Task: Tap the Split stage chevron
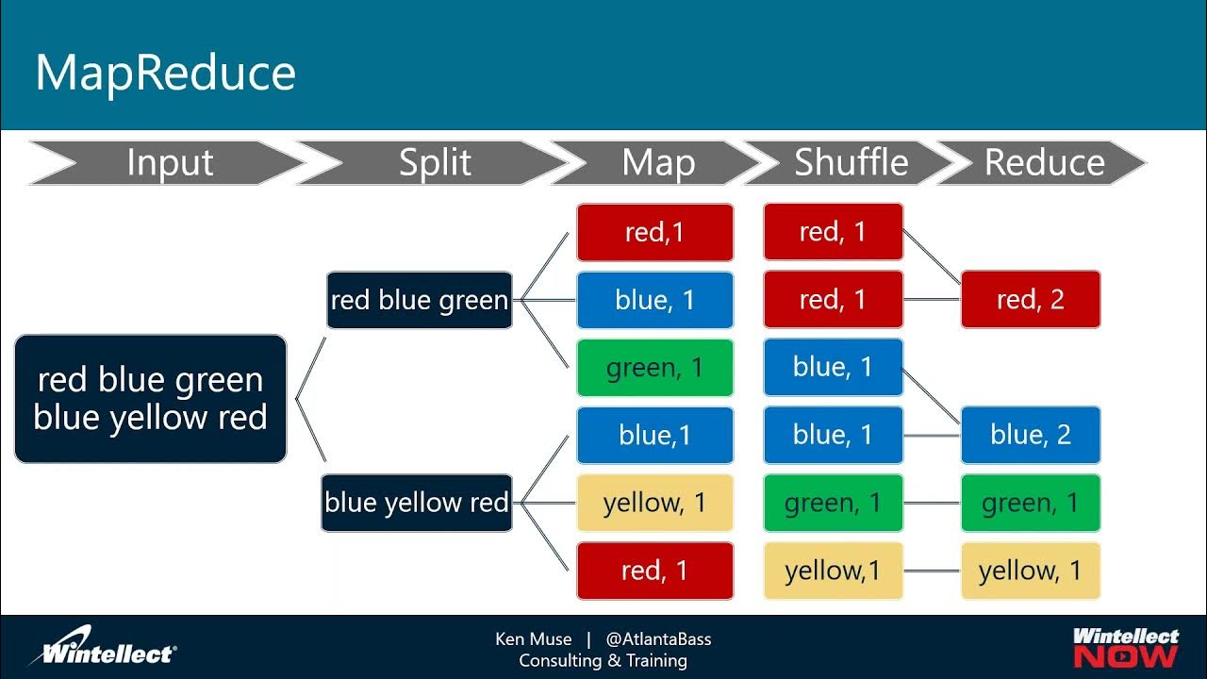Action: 435,163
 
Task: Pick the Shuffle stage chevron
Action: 851,163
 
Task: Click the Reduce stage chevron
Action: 1044,163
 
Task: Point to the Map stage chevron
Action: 658,163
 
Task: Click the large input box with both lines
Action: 151,399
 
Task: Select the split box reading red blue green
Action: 419,300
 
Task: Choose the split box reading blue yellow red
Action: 417,503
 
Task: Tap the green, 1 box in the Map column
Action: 654,368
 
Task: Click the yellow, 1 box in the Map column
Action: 654,503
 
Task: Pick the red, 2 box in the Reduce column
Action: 1030,300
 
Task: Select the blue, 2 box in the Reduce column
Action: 1030,435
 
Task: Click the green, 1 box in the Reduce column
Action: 1030,503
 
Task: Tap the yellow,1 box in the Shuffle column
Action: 833,571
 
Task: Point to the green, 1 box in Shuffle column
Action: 833,503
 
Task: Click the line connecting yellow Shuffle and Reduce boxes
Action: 932,571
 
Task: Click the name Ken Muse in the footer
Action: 533,639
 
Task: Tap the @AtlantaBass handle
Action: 658,639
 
